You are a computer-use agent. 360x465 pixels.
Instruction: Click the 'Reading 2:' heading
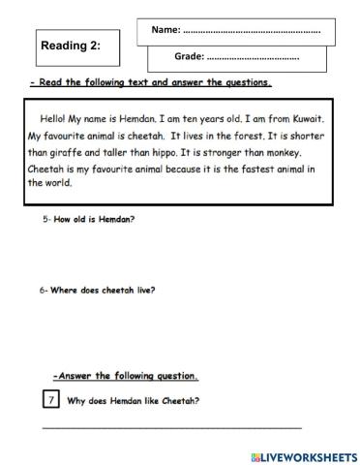[x=71, y=45]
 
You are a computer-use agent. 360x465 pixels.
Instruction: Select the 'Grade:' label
[x=190, y=57]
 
